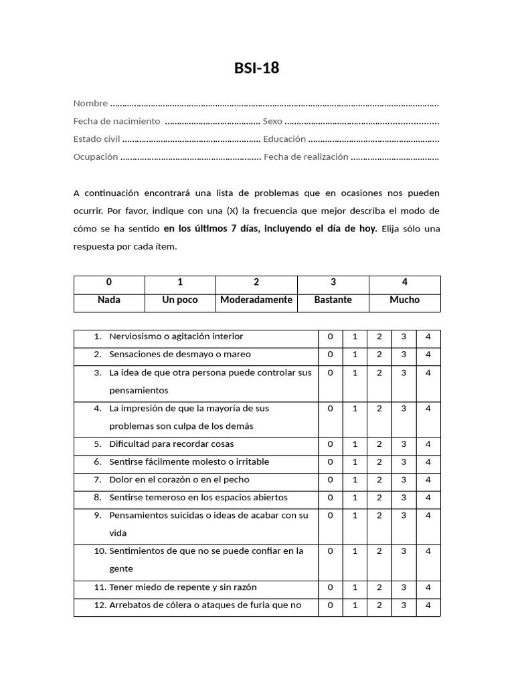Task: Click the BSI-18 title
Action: pyautogui.click(x=256, y=68)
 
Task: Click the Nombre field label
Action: pyautogui.click(x=90, y=103)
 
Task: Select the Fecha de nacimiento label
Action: pyautogui.click(x=116, y=121)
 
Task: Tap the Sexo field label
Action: pyautogui.click(x=272, y=121)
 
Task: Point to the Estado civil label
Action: pyautogui.click(x=96, y=139)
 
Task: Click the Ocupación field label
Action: pyautogui.click(x=96, y=157)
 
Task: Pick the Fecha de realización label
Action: pyautogui.click(x=306, y=157)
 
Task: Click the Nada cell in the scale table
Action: pyautogui.click(x=109, y=300)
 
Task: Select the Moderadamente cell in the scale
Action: pyautogui.click(x=256, y=300)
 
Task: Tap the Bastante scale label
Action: pyautogui.click(x=333, y=300)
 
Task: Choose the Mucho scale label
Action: pyautogui.click(x=404, y=300)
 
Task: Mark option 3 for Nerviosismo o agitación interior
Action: pyautogui.click(x=404, y=336)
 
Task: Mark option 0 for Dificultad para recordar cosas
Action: pyautogui.click(x=330, y=444)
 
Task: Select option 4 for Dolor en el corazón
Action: pyautogui.click(x=428, y=480)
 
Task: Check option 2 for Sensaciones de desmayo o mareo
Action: pyautogui.click(x=379, y=355)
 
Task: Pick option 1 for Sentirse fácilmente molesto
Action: pyautogui.click(x=355, y=462)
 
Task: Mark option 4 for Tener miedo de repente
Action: pyautogui.click(x=428, y=587)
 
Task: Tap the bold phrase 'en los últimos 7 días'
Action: pyautogui.click(x=211, y=228)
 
